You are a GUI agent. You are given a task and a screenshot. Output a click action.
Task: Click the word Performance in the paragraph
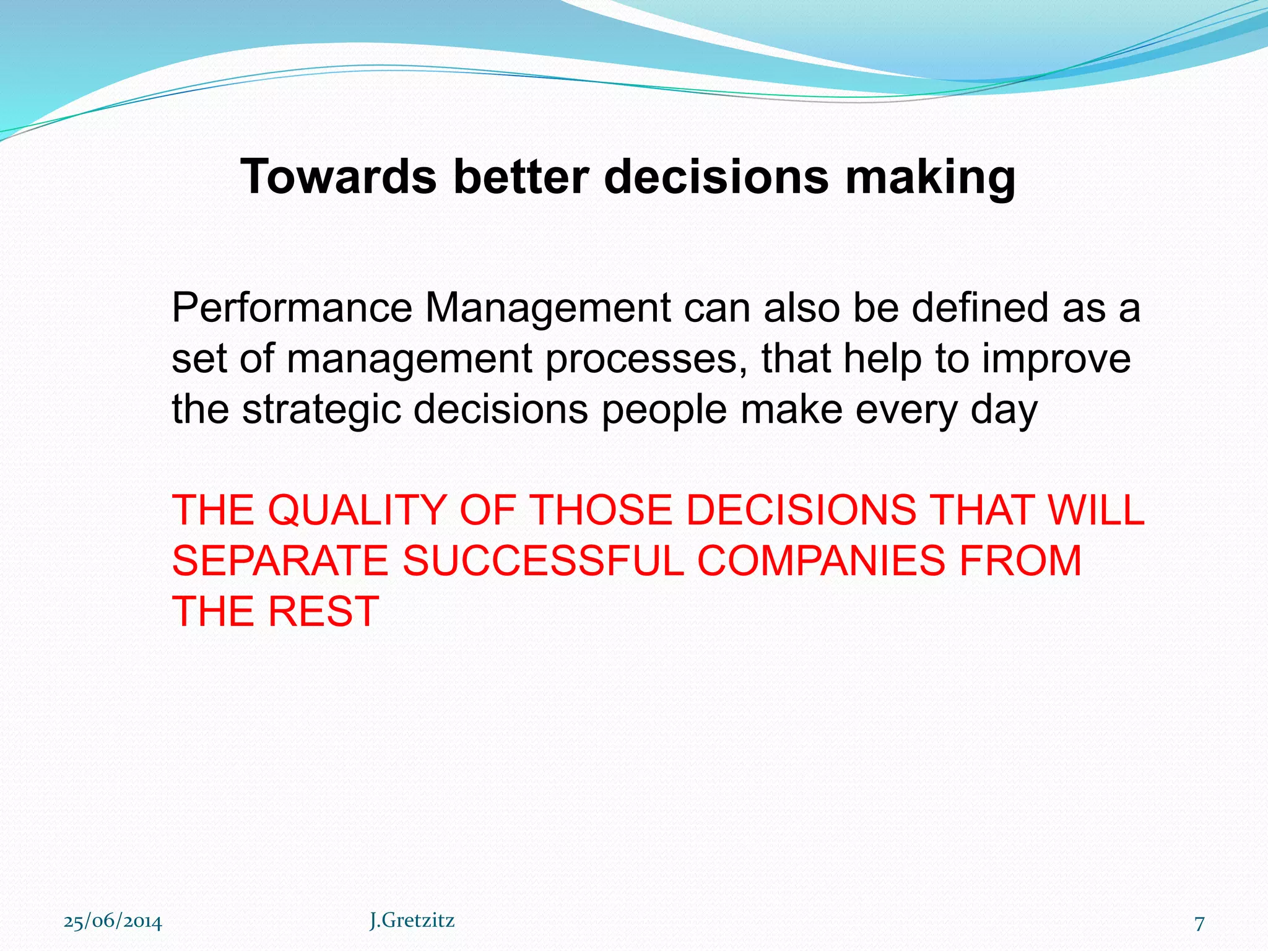click(292, 308)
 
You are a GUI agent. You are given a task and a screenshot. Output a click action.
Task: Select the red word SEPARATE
click(280, 562)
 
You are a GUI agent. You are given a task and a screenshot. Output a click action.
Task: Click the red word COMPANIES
click(821, 562)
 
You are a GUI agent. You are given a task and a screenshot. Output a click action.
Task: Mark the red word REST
click(323, 612)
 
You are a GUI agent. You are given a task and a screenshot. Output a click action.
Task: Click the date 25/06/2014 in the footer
click(113, 922)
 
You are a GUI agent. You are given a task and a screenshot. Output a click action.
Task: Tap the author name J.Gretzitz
click(412, 921)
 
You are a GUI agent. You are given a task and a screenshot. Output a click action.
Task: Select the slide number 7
click(1199, 924)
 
